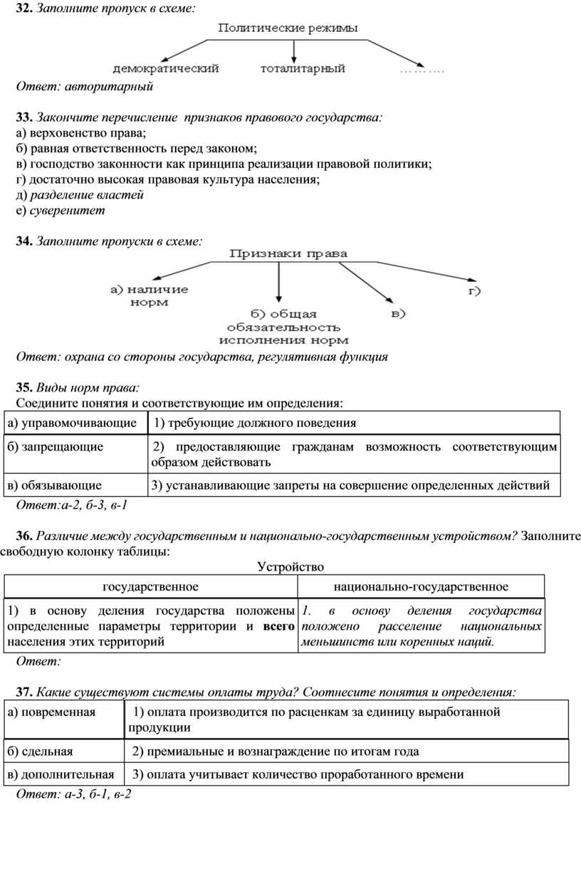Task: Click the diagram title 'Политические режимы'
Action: (x=288, y=28)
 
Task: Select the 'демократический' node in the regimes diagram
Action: (x=166, y=69)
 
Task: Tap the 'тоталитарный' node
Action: (x=303, y=69)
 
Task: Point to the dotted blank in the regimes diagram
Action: (x=421, y=70)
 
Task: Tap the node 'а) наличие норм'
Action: (x=150, y=295)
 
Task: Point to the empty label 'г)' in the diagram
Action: (x=474, y=290)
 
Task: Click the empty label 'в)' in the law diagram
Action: (x=398, y=313)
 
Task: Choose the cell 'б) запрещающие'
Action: (x=56, y=447)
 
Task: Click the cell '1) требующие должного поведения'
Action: (x=254, y=423)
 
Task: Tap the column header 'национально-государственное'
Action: (x=421, y=586)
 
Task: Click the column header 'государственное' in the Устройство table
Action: (x=151, y=586)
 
